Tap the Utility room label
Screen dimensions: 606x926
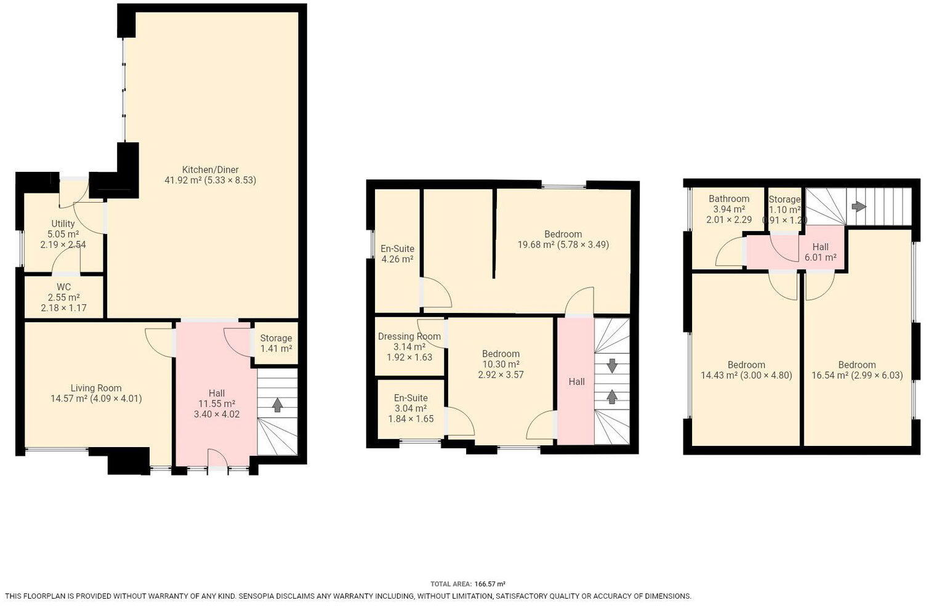click(63, 224)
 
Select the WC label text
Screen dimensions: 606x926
click(63, 287)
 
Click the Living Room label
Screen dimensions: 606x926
click(96, 388)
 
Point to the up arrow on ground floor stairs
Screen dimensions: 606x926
click(277, 405)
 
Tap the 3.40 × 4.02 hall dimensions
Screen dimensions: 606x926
click(217, 414)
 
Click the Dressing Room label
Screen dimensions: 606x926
click(409, 336)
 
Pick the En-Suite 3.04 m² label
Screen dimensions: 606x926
click(411, 398)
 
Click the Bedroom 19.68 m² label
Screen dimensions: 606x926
click(563, 234)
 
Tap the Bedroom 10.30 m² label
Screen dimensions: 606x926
click(501, 353)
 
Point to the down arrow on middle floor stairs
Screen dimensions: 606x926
click(612, 366)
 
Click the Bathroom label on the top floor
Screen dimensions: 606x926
click(729, 199)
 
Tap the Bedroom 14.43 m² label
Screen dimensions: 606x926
click(746, 365)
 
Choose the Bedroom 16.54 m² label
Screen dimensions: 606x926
click(856, 365)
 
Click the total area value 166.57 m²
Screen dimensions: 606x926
click(489, 584)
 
